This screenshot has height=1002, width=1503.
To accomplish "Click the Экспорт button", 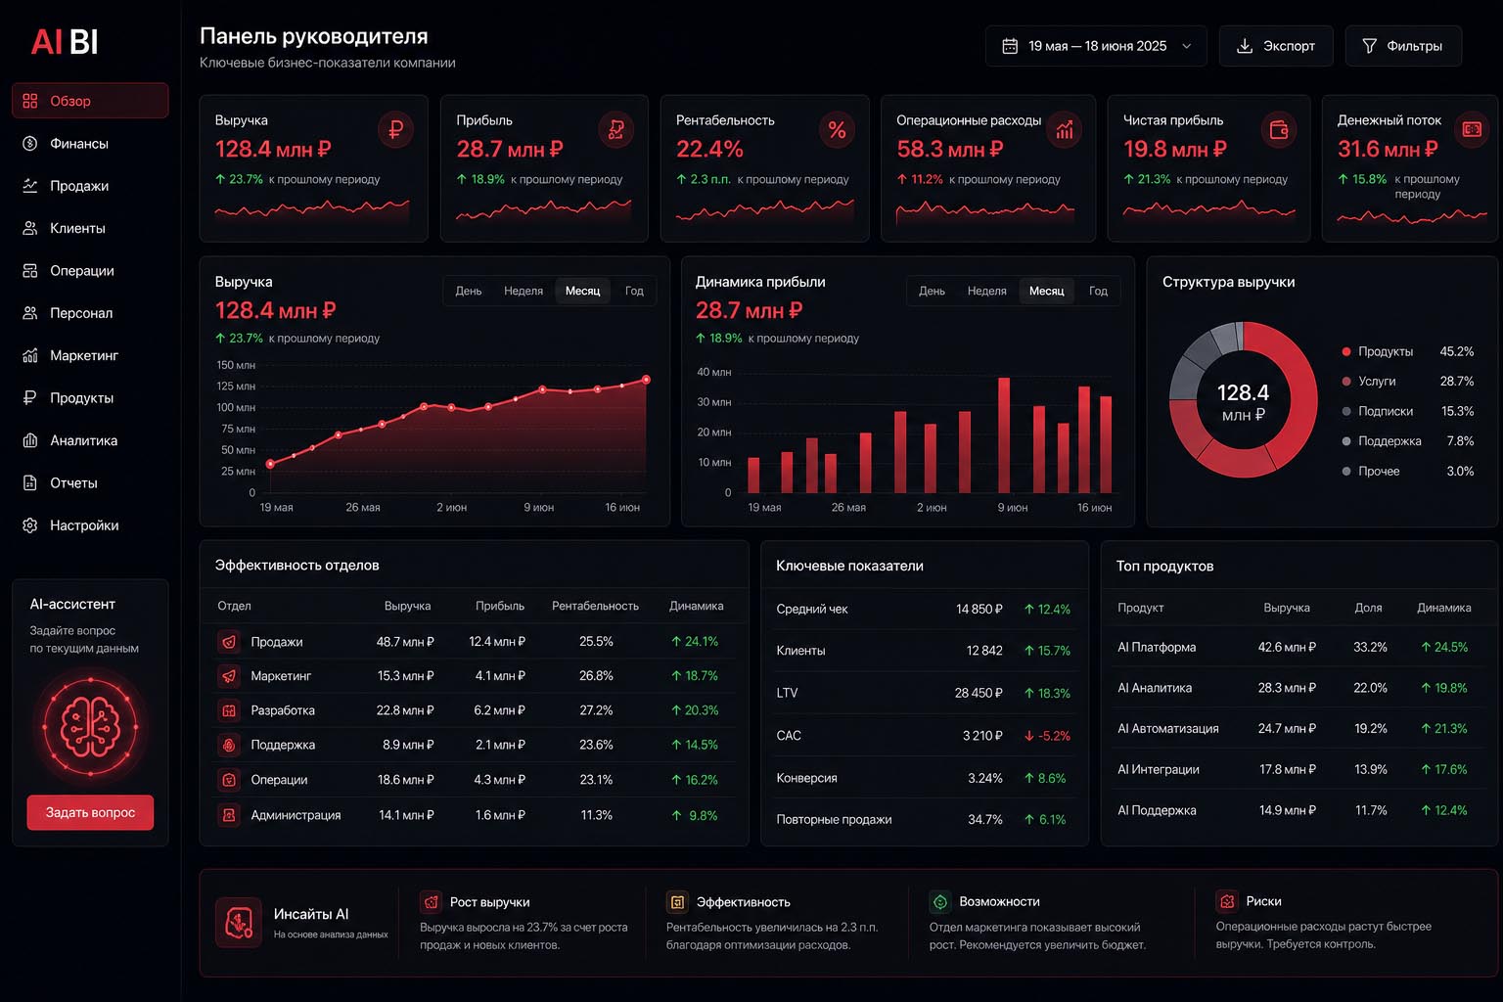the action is [x=1276, y=46].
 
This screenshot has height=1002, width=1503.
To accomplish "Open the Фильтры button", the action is [x=1403, y=46].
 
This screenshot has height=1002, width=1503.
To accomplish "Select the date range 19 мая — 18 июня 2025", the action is [x=1096, y=46].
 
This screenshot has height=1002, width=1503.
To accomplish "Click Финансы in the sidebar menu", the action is [x=79, y=143].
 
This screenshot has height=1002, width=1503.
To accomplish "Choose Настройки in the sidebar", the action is [x=84, y=524].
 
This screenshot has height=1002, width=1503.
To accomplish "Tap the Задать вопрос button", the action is [x=90, y=812].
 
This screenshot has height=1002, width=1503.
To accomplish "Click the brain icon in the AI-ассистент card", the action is [x=90, y=726].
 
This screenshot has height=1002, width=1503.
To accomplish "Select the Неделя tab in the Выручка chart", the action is [x=524, y=291].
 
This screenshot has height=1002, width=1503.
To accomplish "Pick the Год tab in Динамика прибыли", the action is [x=1098, y=291].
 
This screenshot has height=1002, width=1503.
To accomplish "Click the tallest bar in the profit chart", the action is [x=1004, y=434].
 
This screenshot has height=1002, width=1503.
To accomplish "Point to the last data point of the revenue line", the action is [x=646, y=380].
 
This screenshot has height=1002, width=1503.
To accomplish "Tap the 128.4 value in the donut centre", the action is [x=1243, y=392].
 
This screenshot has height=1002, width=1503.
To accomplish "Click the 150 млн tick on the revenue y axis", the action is [x=236, y=365].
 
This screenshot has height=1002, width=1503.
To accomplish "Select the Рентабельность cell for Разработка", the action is [x=596, y=710].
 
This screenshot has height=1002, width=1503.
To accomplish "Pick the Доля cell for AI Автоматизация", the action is [x=1370, y=728].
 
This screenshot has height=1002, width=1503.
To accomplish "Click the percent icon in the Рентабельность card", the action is [x=837, y=129].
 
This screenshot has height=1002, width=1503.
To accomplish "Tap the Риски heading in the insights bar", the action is [x=1263, y=900].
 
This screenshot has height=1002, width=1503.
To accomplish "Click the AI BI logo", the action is [x=65, y=42].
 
